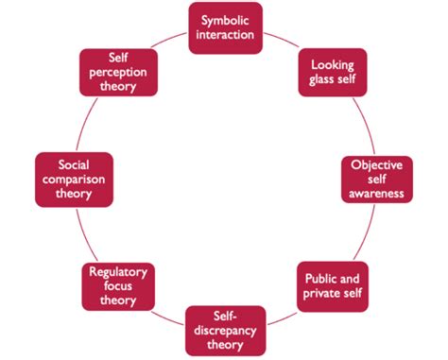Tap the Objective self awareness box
377,179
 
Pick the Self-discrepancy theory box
225,330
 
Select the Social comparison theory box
73,179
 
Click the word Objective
377,163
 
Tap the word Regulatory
119,271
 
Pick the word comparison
73,179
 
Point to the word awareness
377,194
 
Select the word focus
119,286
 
